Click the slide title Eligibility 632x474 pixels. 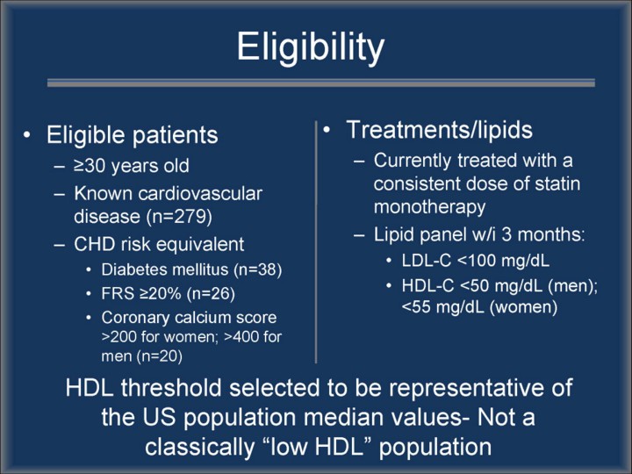point(311,47)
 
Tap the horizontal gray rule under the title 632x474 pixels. point(321,83)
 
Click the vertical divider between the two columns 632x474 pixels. point(316,241)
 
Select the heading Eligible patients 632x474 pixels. point(133,134)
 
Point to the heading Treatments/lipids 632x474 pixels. point(440,130)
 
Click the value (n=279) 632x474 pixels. point(179,217)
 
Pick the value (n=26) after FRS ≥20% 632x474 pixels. point(211,293)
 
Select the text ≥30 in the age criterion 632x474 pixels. point(90,166)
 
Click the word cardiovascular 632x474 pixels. point(200,193)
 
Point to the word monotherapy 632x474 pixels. point(429,207)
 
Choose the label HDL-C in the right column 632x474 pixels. point(427,285)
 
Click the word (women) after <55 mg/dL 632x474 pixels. point(523,307)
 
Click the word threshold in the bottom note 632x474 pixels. point(172,387)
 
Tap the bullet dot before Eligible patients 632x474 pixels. point(26,135)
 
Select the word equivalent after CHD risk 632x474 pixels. point(204,244)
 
